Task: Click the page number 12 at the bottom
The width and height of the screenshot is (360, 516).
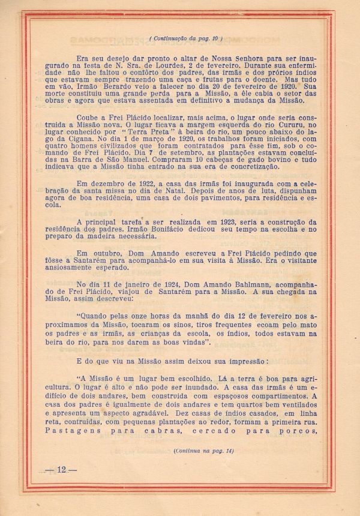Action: tap(61, 469)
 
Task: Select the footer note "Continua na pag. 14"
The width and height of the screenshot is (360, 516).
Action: tap(203, 450)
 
